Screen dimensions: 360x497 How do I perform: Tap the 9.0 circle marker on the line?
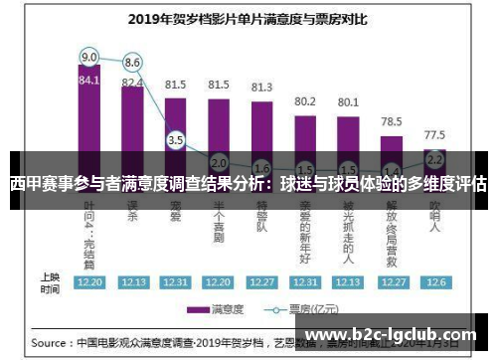[x=89, y=56]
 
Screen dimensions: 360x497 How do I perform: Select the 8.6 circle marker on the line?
[x=132, y=63]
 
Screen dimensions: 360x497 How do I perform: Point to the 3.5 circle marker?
[x=176, y=140]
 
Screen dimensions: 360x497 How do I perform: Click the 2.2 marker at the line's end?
[x=434, y=158]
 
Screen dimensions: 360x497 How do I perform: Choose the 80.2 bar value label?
[x=305, y=100]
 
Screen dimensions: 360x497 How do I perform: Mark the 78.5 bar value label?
[x=392, y=121]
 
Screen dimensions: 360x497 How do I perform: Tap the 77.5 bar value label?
[x=434, y=133]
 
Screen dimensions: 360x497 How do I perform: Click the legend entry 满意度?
[x=221, y=308]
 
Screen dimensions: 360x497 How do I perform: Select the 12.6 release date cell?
[x=434, y=282]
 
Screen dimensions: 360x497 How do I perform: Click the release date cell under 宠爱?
[x=176, y=282]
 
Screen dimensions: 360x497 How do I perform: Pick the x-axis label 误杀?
[x=132, y=213]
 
